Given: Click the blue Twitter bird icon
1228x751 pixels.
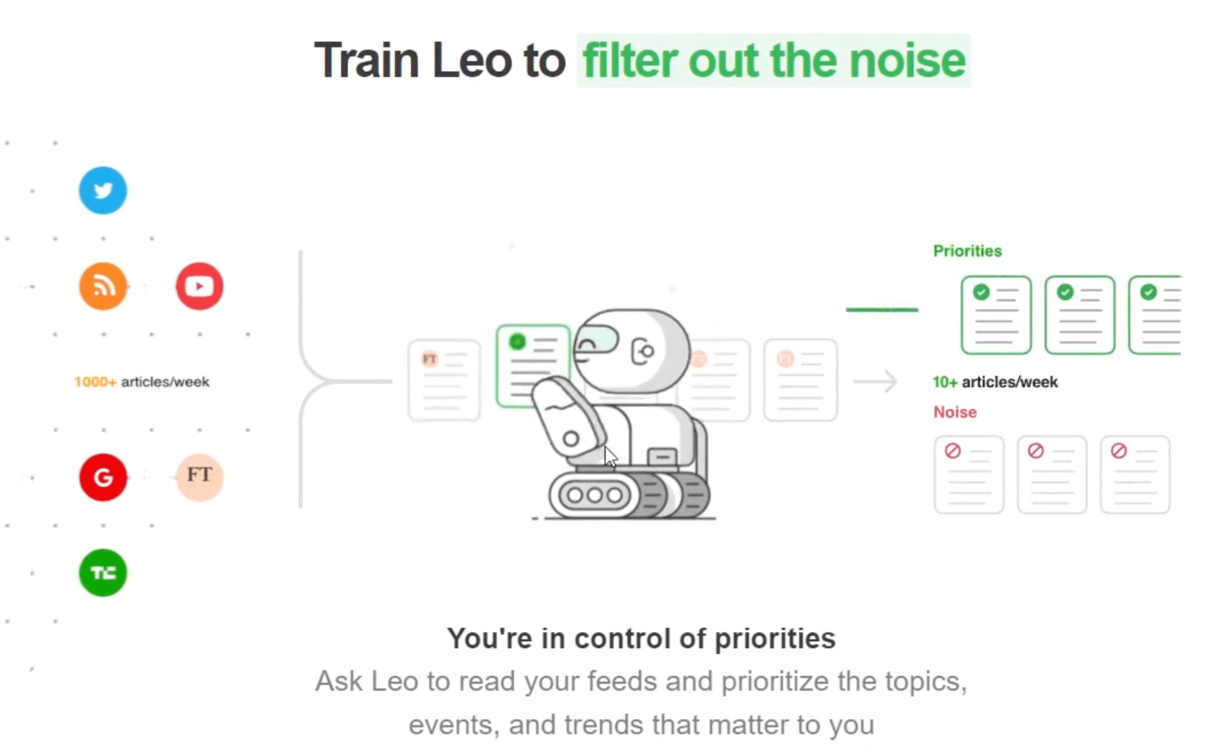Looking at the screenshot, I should [103, 190].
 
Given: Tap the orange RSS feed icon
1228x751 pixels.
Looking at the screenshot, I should [103, 286].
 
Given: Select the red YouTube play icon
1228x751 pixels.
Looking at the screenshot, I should [199, 286].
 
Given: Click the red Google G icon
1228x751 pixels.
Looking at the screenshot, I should [103, 477].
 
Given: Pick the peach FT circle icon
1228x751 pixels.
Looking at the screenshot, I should [199, 476].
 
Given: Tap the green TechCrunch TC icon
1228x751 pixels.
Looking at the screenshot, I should [103, 572].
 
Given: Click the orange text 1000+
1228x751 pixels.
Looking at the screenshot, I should [95, 382].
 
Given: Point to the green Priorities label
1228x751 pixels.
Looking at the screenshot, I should [967, 251].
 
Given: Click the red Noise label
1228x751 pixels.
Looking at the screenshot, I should [955, 412].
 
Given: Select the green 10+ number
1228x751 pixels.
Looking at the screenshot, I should [945, 382].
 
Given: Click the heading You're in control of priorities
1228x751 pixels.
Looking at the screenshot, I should [641, 638].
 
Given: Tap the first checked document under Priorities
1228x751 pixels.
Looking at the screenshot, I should [996, 315].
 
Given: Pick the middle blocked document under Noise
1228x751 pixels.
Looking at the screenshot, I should [1052, 474].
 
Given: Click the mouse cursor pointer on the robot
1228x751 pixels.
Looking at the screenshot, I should [610, 456].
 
